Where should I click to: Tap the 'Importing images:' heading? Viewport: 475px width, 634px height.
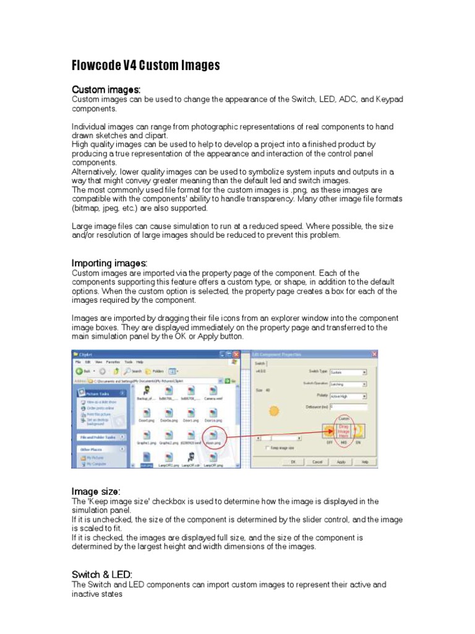coord(109,263)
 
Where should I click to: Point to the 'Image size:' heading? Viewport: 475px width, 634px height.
coord(96,491)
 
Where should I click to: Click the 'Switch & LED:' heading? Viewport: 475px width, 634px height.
coord(102,575)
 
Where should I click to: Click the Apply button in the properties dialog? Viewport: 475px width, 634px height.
coord(341,461)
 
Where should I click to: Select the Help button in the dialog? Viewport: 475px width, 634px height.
coord(364,461)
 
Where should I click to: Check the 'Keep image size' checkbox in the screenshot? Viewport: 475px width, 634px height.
coord(267,448)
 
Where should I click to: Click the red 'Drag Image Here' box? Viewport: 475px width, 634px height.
coord(343,432)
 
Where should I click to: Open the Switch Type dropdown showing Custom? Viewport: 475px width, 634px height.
coord(348,372)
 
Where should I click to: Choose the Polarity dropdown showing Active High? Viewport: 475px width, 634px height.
coord(348,394)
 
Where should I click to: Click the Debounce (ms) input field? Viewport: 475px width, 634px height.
coord(348,407)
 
